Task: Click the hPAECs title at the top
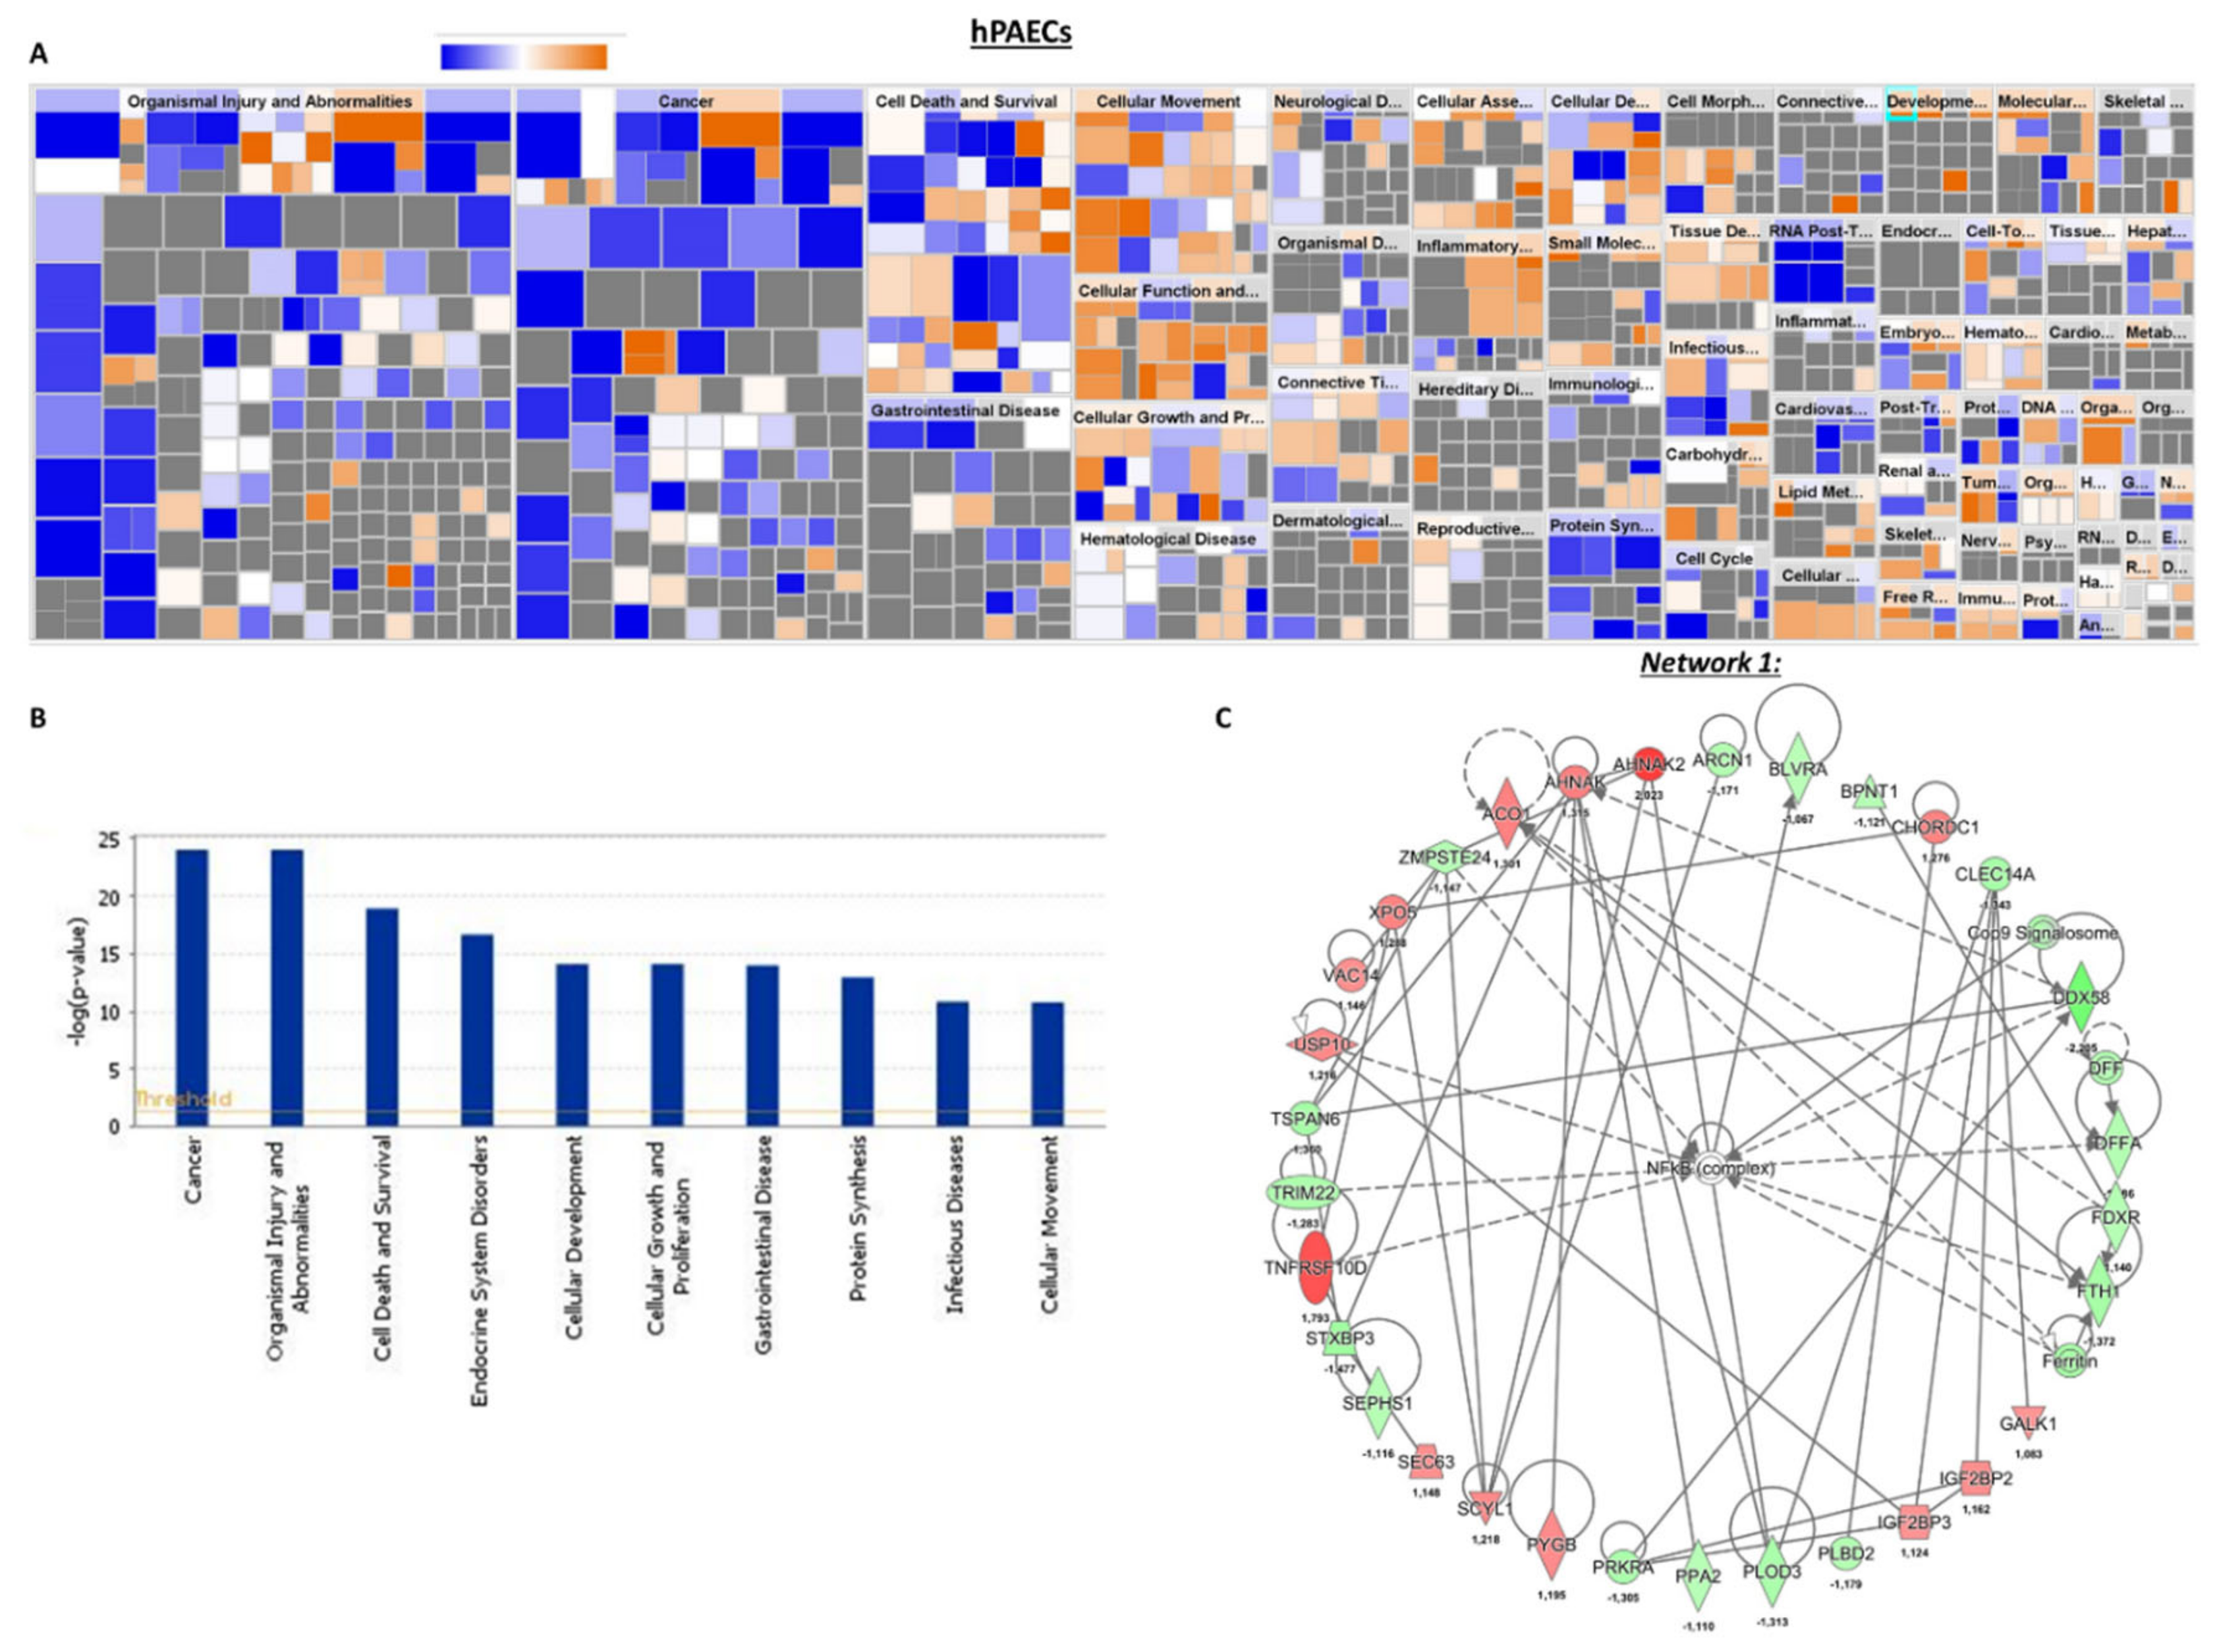click(1021, 32)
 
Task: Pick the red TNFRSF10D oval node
click(1317, 1267)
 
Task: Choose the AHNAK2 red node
click(1650, 764)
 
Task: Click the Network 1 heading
click(1710, 662)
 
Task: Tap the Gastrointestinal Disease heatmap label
click(964, 411)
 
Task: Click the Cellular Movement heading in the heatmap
click(1167, 101)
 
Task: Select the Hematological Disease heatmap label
click(1167, 538)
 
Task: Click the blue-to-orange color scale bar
click(523, 57)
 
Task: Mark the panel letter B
click(38, 718)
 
